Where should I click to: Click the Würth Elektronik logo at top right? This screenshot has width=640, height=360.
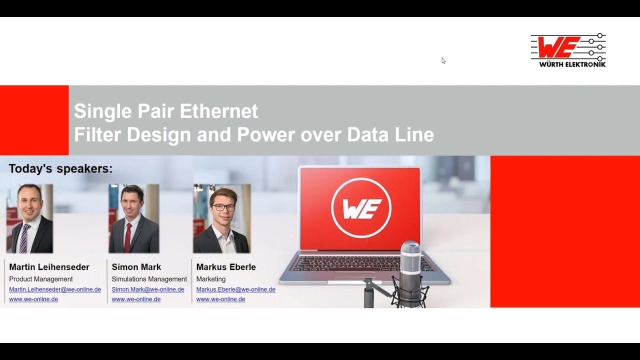point(568,50)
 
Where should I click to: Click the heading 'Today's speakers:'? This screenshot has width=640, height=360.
point(60,169)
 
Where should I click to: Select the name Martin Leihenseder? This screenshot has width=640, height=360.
point(49,267)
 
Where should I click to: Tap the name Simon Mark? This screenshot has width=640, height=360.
point(136,267)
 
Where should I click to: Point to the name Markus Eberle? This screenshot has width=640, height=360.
point(226,267)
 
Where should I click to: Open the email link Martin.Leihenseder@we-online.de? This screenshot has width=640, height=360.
point(55,289)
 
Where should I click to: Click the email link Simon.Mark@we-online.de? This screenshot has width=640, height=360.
point(148,289)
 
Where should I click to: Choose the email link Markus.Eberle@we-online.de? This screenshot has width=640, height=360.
point(235,289)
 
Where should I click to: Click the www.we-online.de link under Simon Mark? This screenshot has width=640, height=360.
point(136,299)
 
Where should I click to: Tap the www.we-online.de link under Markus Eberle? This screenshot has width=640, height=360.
point(220,299)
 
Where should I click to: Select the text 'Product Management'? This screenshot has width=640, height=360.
point(41,279)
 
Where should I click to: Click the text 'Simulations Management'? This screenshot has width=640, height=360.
point(149,279)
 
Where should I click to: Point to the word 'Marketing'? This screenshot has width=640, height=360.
point(211,279)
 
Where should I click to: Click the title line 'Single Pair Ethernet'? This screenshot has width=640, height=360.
point(166,111)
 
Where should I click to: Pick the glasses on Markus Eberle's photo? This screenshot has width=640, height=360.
point(223,207)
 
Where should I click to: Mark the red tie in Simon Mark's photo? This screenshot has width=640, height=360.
point(127,237)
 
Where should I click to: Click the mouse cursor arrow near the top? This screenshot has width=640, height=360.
point(443,60)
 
